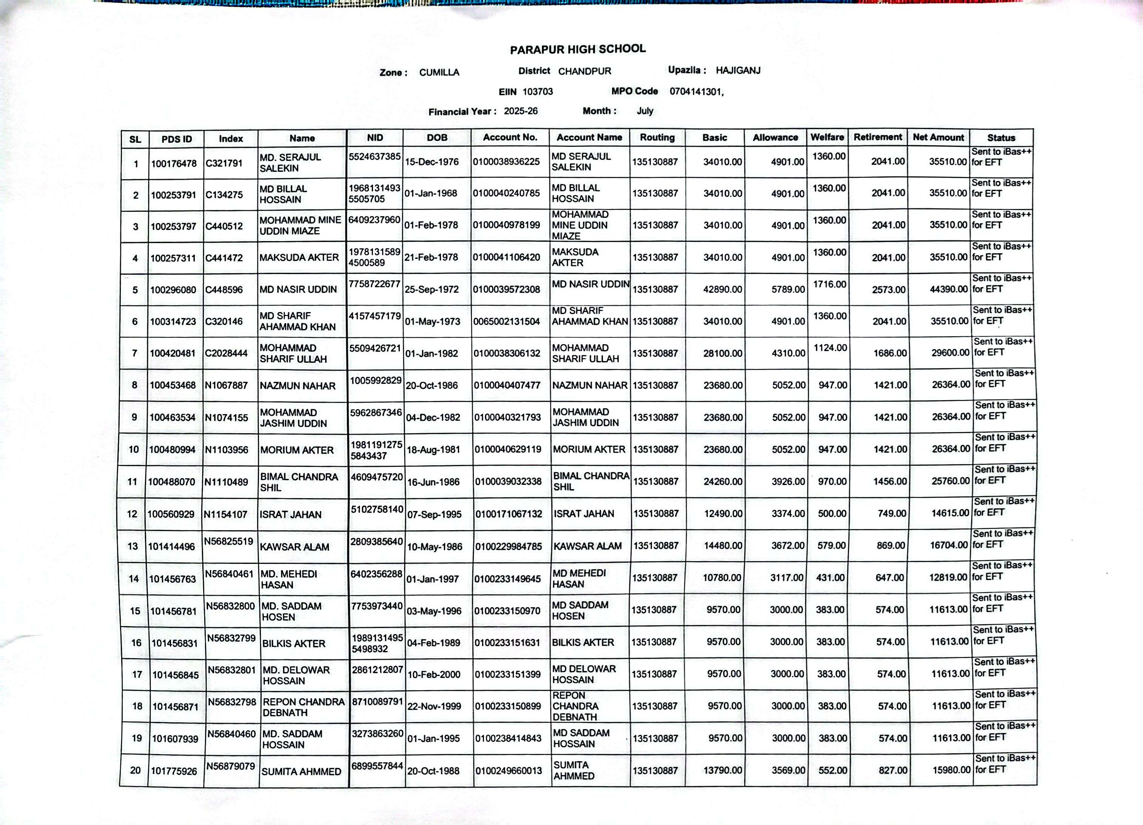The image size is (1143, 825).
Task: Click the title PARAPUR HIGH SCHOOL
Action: point(578,49)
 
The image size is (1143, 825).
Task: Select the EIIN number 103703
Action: point(538,92)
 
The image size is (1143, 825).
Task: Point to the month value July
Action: point(645,111)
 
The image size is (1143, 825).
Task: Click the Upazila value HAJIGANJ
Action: point(738,71)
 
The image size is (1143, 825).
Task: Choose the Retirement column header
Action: point(877,137)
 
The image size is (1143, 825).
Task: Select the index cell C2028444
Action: point(226,353)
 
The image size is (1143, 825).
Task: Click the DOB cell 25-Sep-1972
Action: point(432,289)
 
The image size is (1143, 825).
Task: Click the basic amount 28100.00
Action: point(723,353)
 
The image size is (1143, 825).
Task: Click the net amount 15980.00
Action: point(951,770)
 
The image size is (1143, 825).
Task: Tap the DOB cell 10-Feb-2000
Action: point(433,674)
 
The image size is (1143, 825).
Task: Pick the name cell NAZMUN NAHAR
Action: point(297,386)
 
